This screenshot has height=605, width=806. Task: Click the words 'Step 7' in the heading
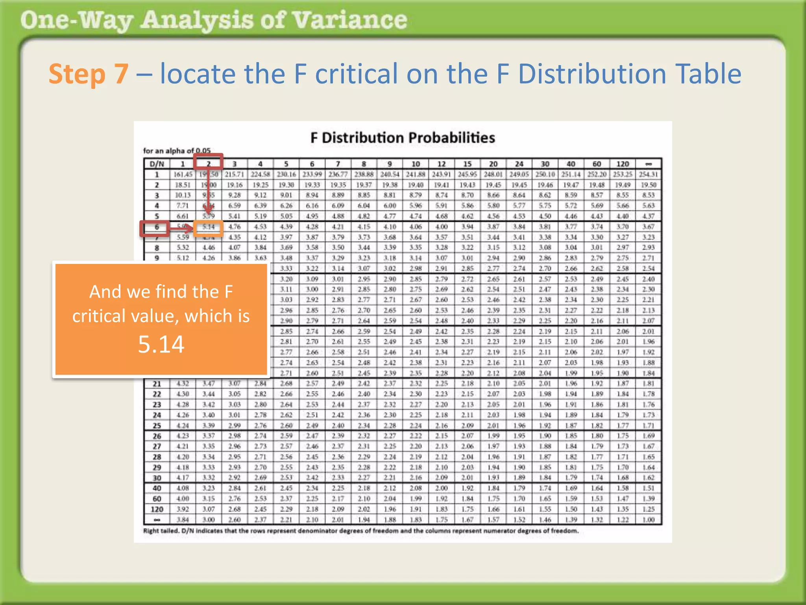[89, 74]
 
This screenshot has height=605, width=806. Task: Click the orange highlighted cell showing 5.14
[208, 227]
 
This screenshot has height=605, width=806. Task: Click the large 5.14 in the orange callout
[161, 344]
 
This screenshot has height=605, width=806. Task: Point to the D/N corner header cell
[157, 164]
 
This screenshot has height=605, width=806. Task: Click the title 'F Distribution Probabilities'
[402, 138]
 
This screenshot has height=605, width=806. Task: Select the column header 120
[622, 164]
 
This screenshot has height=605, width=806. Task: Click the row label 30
[157, 478]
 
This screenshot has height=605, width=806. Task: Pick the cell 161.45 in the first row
[183, 174]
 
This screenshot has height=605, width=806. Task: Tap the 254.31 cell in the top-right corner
[648, 174]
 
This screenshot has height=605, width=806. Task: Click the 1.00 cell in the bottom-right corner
[648, 520]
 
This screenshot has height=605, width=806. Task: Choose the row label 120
[157, 509]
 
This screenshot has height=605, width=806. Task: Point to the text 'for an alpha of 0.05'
[177, 151]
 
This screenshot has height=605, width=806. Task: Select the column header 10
[416, 164]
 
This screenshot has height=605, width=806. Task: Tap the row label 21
[157, 384]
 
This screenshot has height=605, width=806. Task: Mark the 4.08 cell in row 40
[183, 488]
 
